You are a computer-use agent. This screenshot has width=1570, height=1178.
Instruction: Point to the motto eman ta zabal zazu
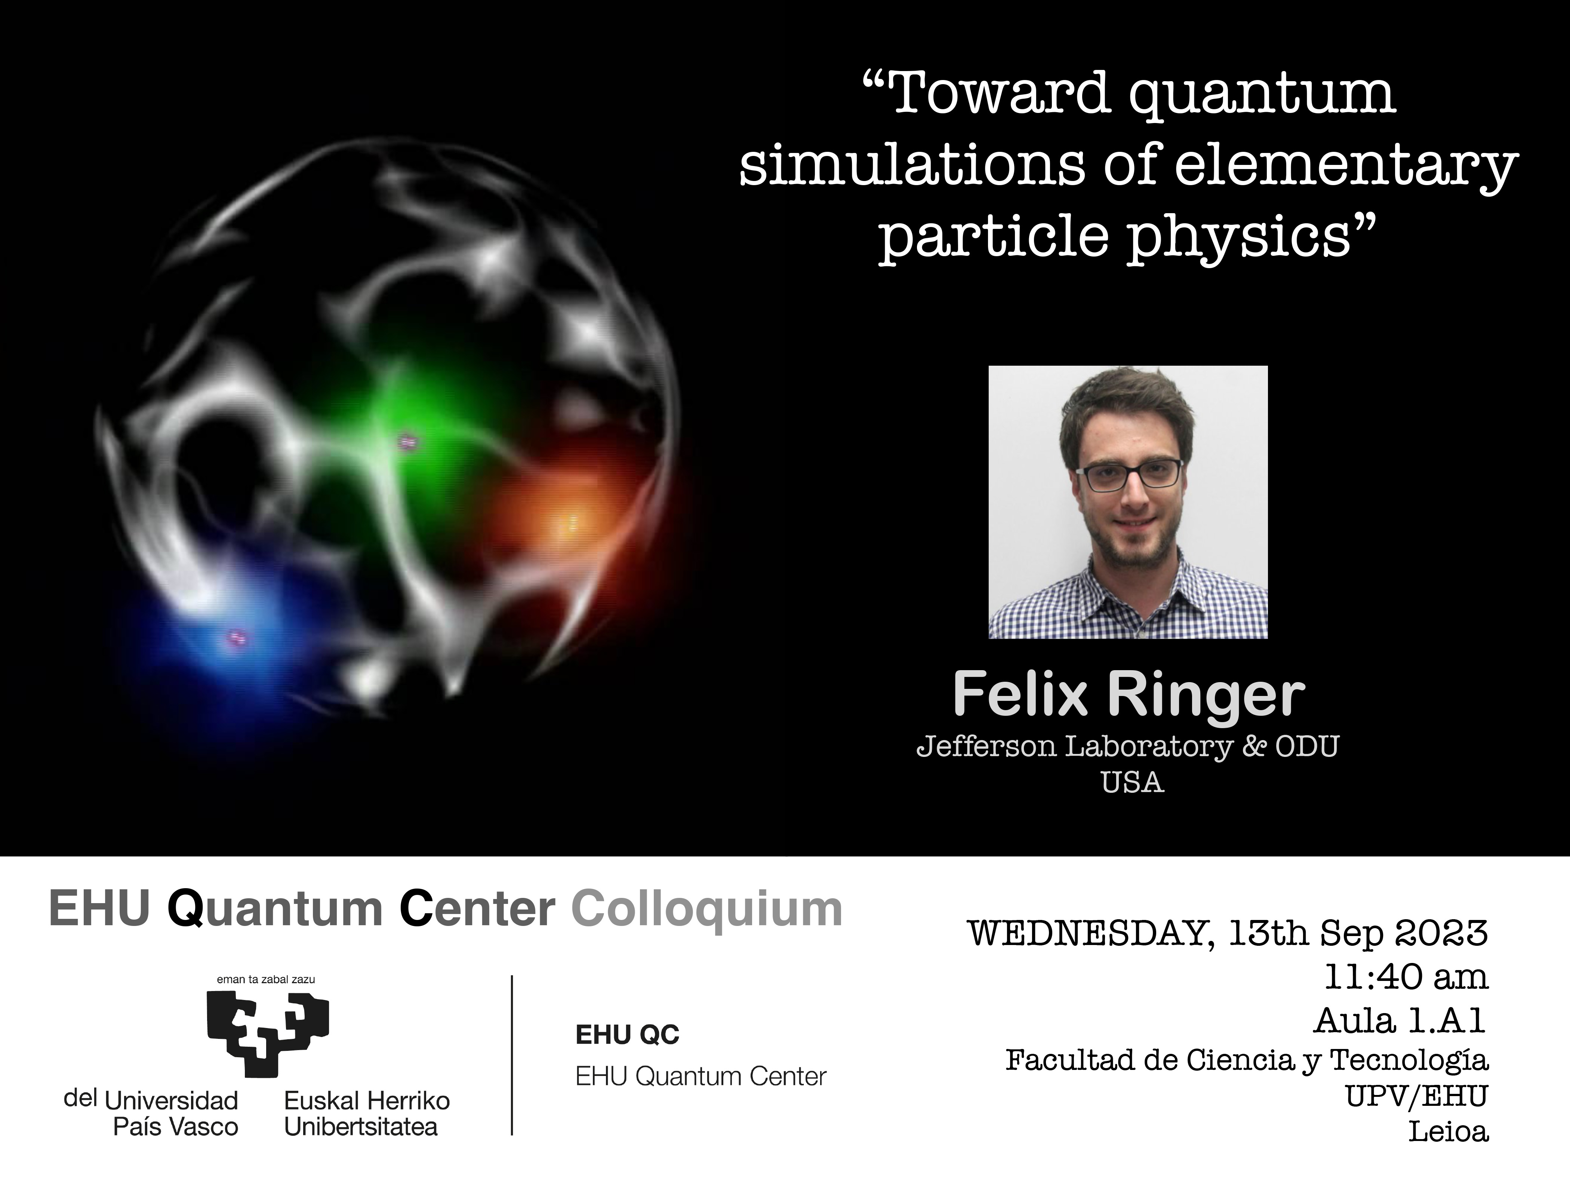pos(266,979)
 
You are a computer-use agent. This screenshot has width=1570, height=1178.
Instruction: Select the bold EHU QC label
pos(627,1034)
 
